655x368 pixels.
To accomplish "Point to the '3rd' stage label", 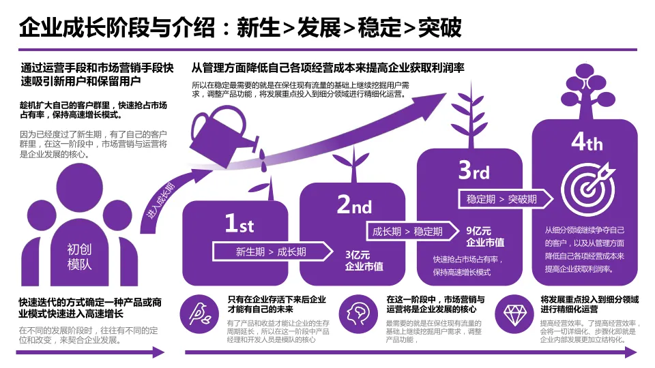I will point(474,170).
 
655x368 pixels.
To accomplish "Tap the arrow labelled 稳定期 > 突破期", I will point(503,199).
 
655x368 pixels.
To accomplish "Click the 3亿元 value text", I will point(357,255).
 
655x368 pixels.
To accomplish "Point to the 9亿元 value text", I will point(478,230).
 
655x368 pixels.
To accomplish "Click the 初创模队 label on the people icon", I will point(79,256).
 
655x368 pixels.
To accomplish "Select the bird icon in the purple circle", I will point(199,312).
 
